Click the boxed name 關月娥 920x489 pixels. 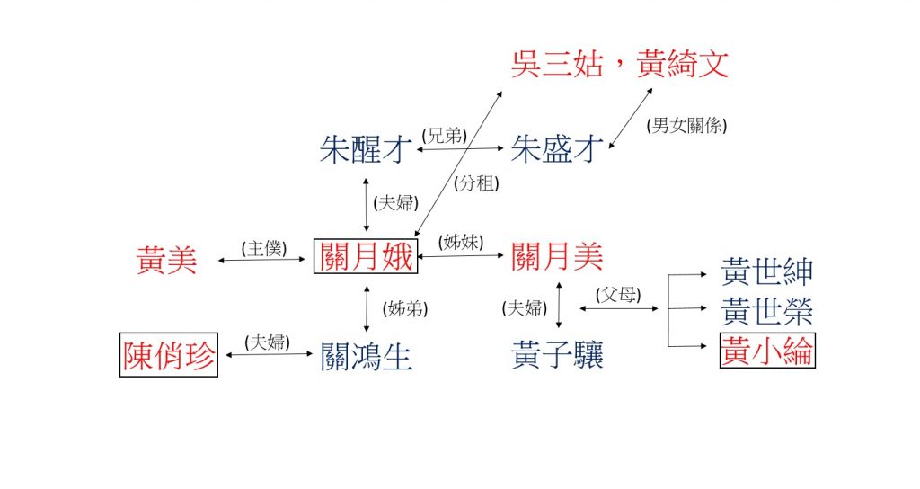366,256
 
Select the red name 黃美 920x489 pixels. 166,260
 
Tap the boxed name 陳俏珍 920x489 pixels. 169,354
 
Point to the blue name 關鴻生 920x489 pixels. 367,357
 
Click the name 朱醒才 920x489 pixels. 366,149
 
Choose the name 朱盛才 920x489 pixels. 557,148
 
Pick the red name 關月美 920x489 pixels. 557,256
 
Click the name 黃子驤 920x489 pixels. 557,354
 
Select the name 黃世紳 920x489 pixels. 767,271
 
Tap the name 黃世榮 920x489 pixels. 767,311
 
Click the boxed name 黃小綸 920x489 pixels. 767,351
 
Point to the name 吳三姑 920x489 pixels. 557,64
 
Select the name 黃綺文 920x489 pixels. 683,64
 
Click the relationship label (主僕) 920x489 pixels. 264,248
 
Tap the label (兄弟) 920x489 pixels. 445,136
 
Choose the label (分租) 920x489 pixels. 476,183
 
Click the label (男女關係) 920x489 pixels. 686,125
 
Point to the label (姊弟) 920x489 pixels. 405,309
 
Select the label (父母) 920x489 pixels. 618,295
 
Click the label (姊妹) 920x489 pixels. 461,242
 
